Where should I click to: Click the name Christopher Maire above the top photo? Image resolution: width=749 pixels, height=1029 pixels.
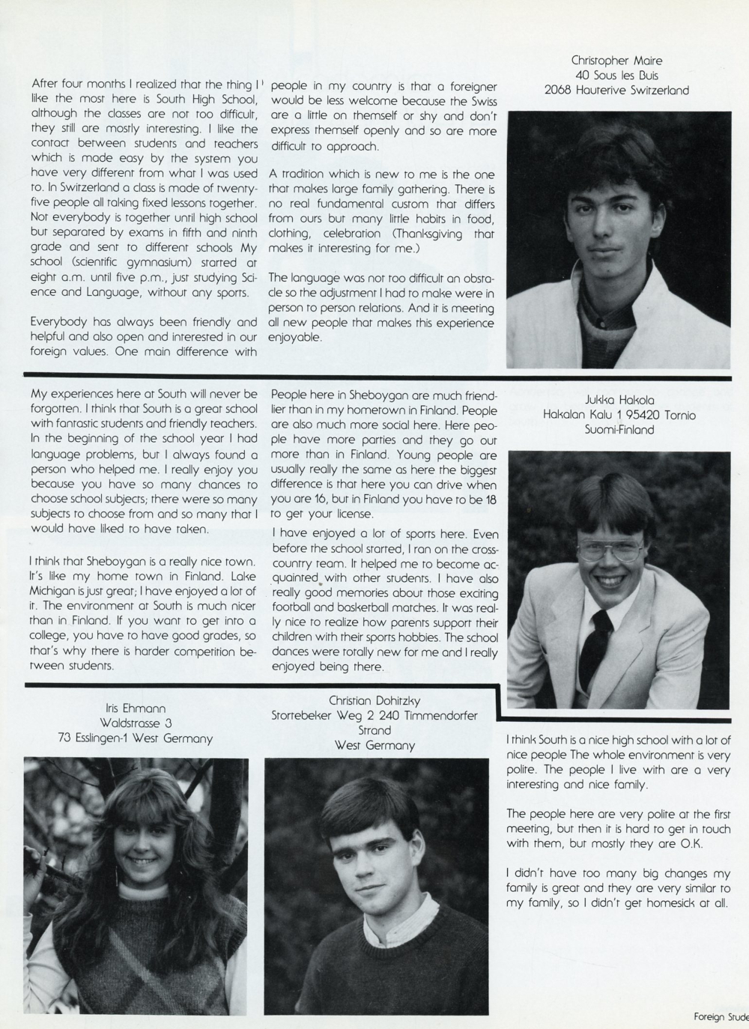616,61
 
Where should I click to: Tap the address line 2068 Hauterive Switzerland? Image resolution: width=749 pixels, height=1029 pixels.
616,91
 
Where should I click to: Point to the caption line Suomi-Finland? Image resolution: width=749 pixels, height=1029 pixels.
619,430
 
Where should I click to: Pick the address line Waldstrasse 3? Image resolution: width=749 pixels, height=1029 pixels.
135,723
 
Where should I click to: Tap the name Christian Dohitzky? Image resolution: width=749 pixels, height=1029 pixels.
374,700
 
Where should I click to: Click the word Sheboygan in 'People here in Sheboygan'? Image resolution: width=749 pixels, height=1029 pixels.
351,393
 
